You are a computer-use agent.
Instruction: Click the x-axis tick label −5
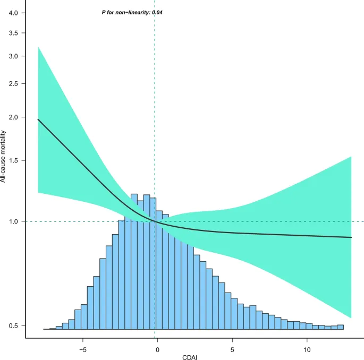82,350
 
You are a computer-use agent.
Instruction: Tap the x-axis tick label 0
157,350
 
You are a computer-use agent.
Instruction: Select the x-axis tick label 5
232,350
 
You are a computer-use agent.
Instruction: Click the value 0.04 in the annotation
157,12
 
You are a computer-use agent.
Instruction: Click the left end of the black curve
38,119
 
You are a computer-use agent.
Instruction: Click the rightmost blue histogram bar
340,327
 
